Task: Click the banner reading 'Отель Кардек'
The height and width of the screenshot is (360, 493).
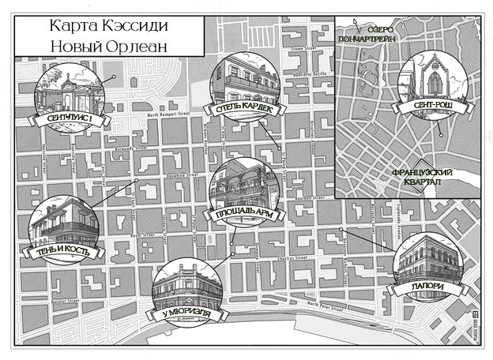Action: click(x=242, y=109)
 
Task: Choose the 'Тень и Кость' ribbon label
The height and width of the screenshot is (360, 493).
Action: click(x=66, y=252)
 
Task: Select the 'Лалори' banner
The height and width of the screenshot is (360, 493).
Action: click(x=427, y=286)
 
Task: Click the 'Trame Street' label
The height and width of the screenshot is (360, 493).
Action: click(x=302, y=49)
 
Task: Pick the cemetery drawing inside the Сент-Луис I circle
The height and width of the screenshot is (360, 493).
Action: click(x=69, y=88)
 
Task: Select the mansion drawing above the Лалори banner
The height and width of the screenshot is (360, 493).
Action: click(x=427, y=257)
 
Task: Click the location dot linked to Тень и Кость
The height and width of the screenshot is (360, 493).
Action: click(x=136, y=180)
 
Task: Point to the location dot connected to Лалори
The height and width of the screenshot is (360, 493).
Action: click(x=341, y=230)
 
